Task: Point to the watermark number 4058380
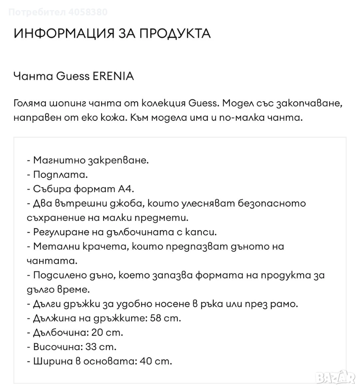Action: (89, 12)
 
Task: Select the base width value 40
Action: (145, 361)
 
